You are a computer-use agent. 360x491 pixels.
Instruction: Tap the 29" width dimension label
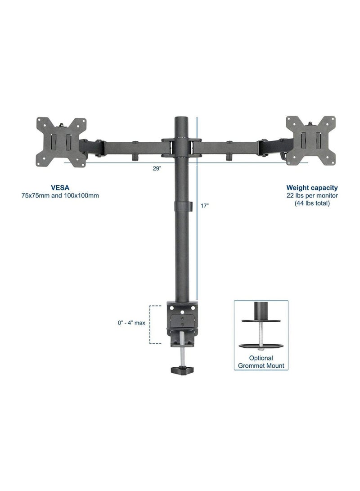157,169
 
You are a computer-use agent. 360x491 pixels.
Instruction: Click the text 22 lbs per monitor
312,195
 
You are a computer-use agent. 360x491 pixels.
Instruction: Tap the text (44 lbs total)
312,203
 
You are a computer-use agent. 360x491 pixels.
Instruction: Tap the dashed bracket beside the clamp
155,324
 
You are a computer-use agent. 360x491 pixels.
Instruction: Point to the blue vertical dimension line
197,225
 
